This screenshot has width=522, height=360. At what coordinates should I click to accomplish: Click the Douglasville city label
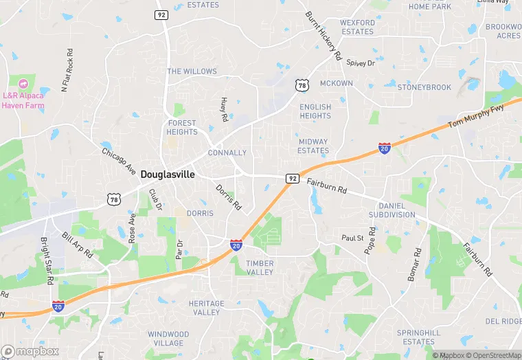(x=168, y=175)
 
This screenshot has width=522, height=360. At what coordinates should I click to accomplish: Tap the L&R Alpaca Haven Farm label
(x=23, y=100)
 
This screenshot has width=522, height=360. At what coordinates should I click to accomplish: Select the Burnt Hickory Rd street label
(x=324, y=36)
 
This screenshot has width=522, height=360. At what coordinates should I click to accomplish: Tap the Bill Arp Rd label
(x=76, y=245)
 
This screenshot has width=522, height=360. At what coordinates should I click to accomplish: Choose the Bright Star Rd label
(x=47, y=262)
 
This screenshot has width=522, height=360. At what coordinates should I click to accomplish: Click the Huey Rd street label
(x=224, y=109)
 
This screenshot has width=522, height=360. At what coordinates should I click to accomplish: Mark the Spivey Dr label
(x=361, y=63)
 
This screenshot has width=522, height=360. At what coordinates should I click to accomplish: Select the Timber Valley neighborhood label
(x=260, y=268)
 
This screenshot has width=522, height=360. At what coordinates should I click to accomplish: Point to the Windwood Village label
(x=168, y=339)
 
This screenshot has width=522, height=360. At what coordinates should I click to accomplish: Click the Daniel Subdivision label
(x=391, y=210)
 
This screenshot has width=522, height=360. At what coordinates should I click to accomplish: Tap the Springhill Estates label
(x=419, y=337)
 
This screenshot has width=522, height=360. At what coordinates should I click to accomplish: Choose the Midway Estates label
(x=313, y=146)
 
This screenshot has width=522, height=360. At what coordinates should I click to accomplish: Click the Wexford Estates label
(x=357, y=27)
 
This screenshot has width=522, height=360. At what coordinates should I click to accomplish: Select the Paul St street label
(x=352, y=238)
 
